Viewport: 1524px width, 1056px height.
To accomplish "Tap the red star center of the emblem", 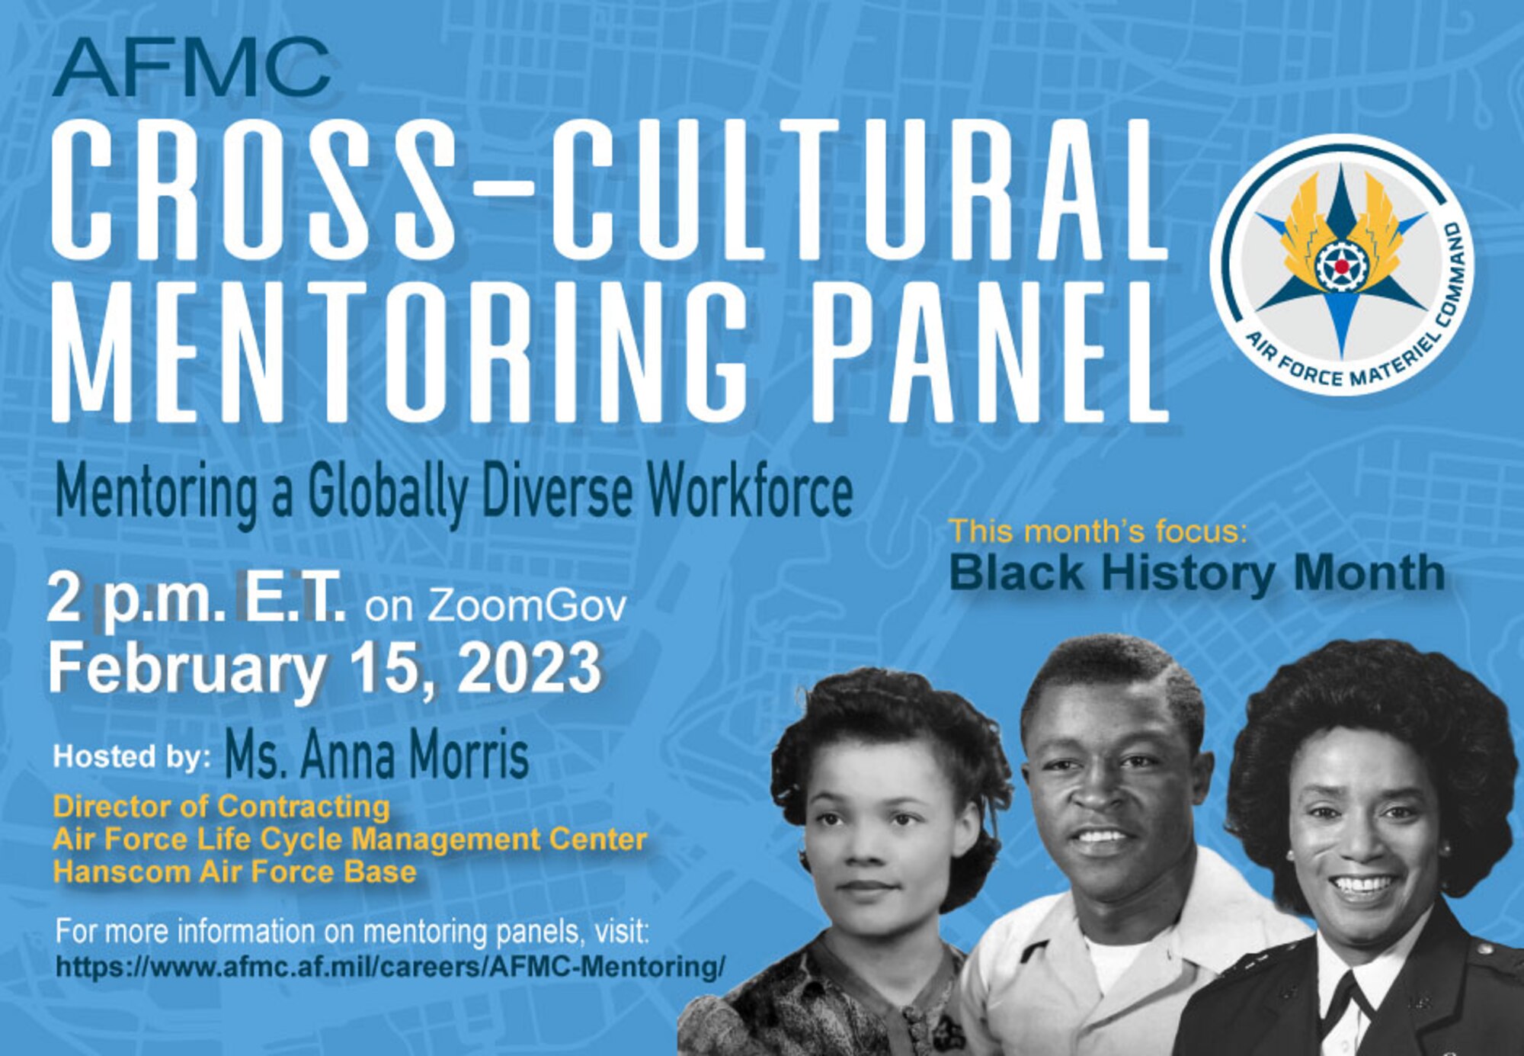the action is (x=1341, y=266).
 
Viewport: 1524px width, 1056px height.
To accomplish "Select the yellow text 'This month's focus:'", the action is (x=1097, y=531).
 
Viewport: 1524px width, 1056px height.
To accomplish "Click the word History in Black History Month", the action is (x=1188, y=573).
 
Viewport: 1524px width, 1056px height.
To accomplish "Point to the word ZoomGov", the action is (x=527, y=606).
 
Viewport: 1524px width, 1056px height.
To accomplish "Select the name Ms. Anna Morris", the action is (x=376, y=756).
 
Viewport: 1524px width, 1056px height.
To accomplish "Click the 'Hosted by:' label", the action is (x=132, y=756).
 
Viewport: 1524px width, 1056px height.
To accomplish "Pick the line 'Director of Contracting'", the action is (x=221, y=806).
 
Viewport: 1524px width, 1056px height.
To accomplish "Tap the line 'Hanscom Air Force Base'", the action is (x=235, y=871).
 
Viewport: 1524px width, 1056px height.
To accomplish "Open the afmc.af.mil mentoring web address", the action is (x=390, y=966).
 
